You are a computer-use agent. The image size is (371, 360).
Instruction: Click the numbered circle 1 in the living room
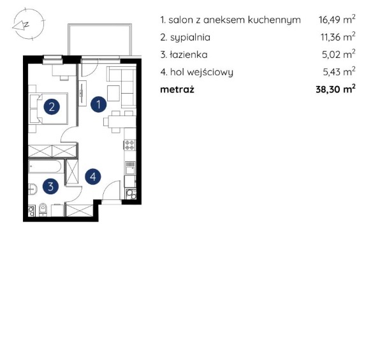(x=99, y=104)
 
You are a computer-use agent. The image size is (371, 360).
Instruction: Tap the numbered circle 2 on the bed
(x=52, y=106)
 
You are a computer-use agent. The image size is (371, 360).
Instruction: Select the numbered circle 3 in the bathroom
(x=50, y=187)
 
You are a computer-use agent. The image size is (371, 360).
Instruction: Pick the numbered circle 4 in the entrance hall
(x=93, y=176)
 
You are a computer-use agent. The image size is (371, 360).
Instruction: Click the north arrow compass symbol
(x=29, y=24)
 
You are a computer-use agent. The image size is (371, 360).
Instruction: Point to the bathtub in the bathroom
(x=46, y=166)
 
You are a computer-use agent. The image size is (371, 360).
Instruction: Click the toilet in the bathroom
(x=43, y=210)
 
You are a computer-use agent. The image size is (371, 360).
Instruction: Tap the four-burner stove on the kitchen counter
(x=129, y=145)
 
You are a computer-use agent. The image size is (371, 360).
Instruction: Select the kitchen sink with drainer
(x=130, y=168)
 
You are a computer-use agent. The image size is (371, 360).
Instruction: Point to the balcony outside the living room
(x=99, y=40)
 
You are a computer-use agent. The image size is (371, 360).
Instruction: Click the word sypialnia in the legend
(x=190, y=38)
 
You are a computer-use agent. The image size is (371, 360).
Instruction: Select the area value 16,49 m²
(x=337, y=19)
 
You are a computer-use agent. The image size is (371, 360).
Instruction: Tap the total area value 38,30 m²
(x=335, y=89)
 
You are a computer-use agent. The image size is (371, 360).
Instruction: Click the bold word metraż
(x=177, y=89)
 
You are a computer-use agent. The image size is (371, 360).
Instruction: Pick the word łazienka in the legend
(x=189, y=55)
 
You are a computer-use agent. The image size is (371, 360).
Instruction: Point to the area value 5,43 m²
(x=339, y=71)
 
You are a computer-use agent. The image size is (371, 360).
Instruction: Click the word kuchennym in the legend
(x=274, y=20)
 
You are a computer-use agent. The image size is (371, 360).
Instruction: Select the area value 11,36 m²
(x=338, y=37)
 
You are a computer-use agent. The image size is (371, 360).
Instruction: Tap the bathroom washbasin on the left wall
(x=33, y=189)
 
